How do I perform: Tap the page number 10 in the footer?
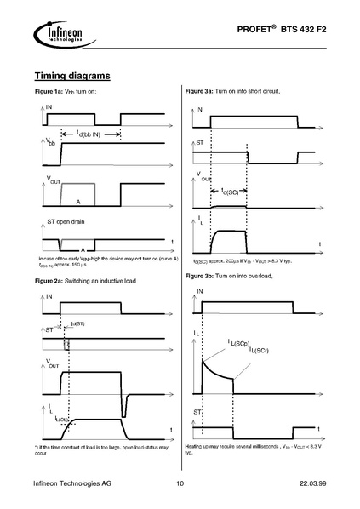pos(180,484)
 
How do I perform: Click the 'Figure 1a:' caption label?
pos(49,90)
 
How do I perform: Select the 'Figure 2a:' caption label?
pos(49,280)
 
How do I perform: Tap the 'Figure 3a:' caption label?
pos(201,90)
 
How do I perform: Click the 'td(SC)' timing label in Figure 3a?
pos(230,192)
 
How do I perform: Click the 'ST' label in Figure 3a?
pos(200,143)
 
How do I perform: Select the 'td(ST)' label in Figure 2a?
pos(77,324)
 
